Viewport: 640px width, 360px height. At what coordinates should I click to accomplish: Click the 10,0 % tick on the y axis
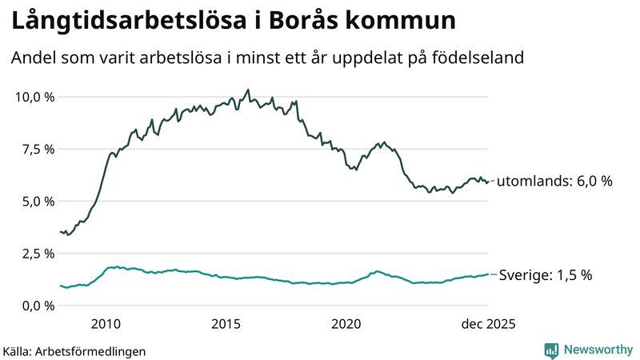(x=33, y=97)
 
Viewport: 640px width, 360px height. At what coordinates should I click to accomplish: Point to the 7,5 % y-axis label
(x=36, y=149)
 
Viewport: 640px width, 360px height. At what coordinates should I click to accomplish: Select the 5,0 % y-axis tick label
(x=36, y=201)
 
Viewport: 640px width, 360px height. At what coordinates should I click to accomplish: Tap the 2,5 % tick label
(x=36, y=254)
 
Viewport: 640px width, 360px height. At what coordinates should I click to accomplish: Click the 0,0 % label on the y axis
(x=36, y=306)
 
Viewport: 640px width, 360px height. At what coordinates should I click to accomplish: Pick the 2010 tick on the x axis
(x=106, y=324)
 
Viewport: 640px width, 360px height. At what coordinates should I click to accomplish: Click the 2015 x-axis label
(x=226, y=324)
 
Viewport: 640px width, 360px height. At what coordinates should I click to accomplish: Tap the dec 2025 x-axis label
(x=487, y=324)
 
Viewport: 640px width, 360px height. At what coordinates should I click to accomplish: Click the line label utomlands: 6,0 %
(x=554, y=182)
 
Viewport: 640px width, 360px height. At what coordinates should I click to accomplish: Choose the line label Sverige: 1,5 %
(x=546, y=275)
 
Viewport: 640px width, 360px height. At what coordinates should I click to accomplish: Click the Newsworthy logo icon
(x=551, y=350)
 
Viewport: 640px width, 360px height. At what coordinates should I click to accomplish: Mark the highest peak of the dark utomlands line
(x=248, y=90)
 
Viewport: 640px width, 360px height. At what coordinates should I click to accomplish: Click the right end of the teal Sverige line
(x=488, y=274)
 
